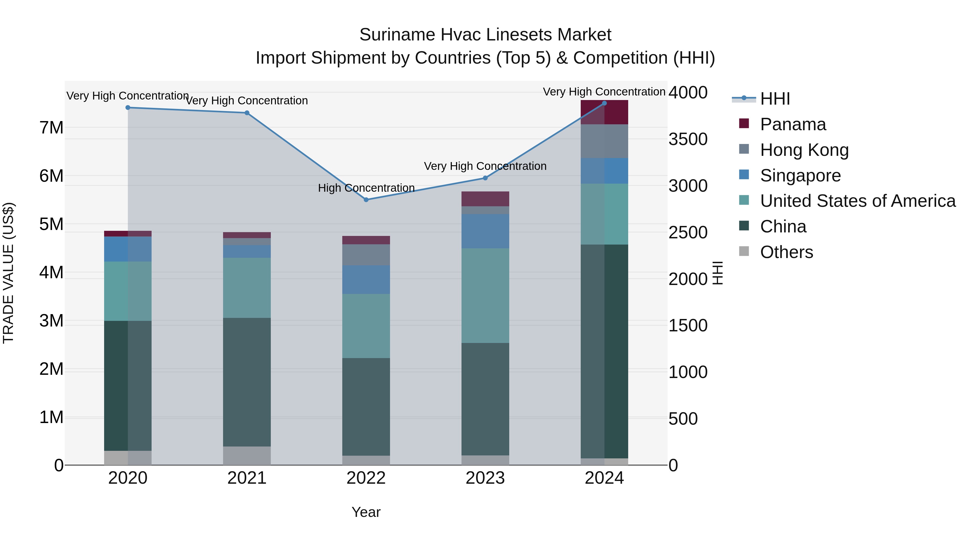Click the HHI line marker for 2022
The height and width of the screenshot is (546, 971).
click(x=366, y=200)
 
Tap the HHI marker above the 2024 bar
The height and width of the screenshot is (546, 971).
click(x=604, y=103)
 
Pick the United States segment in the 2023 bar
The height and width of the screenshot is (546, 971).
click(x=485, y=296)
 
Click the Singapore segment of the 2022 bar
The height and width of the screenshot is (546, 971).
click(x=366, y=279)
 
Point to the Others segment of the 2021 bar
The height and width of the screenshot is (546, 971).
click(x=247, y=456)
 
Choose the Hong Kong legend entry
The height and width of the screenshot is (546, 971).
click(x=804, y=150)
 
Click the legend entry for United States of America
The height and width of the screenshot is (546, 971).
click(x=857, y=201)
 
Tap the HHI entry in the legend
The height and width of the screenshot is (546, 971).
click(x=775, y=99)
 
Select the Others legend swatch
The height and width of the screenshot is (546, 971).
click(x=744, y=251)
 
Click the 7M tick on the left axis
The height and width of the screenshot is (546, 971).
click(x=52, y=128)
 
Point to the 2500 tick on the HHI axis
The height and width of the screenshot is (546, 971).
click(x=688, y=232)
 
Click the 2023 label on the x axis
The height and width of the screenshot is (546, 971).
click(x=485, y=478)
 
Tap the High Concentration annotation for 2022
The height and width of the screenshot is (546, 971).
click(x=366, y=188)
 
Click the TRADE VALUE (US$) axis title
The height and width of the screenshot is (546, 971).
click(x=8, y=273)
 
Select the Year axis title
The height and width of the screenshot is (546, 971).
click(x=366, y=512)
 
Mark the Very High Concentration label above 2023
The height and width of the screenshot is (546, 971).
click(x=485, y=166)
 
